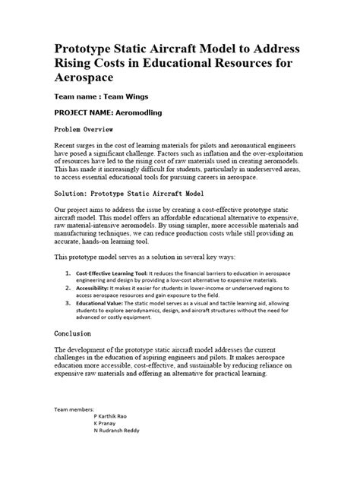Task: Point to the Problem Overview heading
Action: point(89,128)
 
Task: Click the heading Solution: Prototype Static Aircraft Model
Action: point(134,194)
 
